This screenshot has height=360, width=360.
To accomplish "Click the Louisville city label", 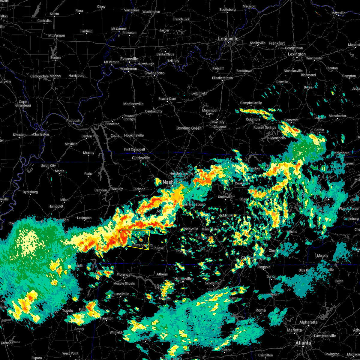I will (x=228, y=39).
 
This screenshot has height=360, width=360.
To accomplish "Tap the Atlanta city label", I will (x=303, y=343).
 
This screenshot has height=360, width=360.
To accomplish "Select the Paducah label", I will (x=73, y=121).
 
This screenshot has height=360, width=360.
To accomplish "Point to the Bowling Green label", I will (x=189, y=128).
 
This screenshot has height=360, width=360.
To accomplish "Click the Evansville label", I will (x=129, y=59).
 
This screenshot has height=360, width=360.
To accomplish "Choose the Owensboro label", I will (x=154, y=73).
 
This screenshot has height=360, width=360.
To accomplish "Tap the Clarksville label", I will (x=141, y=158).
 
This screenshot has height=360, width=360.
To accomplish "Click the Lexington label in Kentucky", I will (x=297, y=54).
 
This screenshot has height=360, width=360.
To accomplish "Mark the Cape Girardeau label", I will (x=23, y=103).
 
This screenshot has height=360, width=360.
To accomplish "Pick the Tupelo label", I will (x=67, y=310).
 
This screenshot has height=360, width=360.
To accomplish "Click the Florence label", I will (x=124, y=274).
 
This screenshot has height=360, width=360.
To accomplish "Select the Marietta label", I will (x=294, y=330).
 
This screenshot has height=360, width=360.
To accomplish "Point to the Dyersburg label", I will (x=30, y=192).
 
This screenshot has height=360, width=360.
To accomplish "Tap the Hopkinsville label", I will (x=134, y=135).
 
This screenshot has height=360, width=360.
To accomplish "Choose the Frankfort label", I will (x=277, y=43).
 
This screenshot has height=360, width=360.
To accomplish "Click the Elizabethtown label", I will (x=222, y=78).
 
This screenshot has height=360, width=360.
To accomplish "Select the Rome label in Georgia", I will (x=261, y=310).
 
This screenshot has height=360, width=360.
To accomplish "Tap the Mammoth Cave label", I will (x=210, y=112).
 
